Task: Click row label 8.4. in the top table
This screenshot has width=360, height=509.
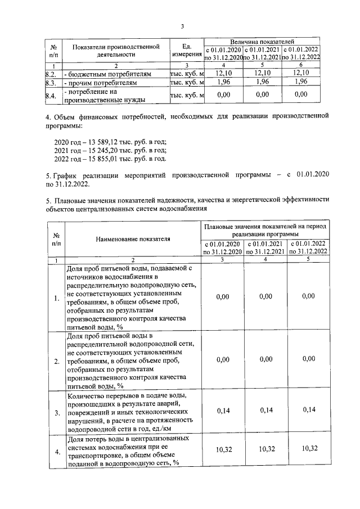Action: pos(50,96)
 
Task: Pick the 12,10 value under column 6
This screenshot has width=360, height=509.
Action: pos(301,74)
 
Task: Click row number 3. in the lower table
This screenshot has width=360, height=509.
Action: pos(57,413)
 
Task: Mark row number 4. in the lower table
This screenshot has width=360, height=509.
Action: pos(57,451)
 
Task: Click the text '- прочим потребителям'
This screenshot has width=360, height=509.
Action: pos(101,83)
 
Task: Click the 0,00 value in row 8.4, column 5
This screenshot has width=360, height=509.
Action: pos(263,96)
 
